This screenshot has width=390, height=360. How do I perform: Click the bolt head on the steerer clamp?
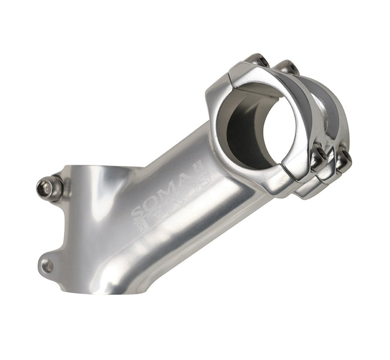[49, 187]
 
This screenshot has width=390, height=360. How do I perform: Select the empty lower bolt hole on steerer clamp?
[47, 266]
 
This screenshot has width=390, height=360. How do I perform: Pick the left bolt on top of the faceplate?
[257, 60]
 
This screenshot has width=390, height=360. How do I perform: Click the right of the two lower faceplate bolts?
[343, 159]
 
